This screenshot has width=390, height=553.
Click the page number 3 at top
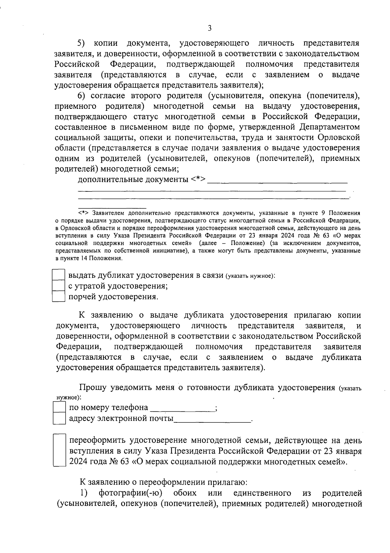pos(210,28)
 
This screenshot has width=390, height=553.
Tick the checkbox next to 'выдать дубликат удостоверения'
pos(59,275)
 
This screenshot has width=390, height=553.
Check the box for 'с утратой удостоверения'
pos(59,286)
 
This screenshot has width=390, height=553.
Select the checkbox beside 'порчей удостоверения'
pos(59,297)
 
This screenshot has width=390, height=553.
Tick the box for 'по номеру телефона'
pos(59,407)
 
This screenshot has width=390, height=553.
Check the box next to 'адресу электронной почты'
pos(59,418)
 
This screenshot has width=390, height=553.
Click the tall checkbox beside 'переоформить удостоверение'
pos(59,450)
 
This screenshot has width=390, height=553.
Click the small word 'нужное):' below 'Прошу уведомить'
pos(67,397)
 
